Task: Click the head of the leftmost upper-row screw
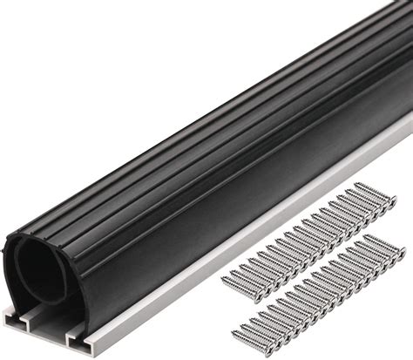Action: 227,280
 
